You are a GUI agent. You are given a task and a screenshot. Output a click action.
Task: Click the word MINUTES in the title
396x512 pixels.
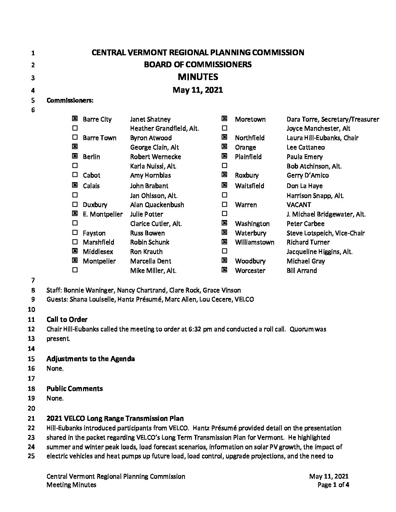[x=198, y=77]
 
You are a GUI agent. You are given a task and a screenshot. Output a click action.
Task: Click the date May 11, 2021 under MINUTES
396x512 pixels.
[x=198, y=90]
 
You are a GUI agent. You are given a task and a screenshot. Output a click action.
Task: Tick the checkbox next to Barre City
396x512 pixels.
[x=75, y=119]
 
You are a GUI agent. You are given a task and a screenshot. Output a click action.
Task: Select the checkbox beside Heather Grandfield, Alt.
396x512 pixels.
[x=75, y=128]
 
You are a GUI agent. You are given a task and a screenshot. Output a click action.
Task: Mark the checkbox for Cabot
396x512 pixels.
[x=75, y=175]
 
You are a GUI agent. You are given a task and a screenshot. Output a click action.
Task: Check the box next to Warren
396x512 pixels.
[x=225, y=204]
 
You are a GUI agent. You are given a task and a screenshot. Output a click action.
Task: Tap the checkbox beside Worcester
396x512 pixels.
[x=225, y=270]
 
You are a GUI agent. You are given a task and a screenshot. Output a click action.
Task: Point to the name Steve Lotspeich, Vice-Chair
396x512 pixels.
[x=325, y=233]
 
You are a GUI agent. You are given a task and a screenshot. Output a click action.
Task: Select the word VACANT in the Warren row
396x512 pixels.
[x=299, y=205]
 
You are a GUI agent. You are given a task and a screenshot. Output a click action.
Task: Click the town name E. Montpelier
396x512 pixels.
[x=103, y=214]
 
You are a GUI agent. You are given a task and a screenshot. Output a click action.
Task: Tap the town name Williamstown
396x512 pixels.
[x=254, y=242]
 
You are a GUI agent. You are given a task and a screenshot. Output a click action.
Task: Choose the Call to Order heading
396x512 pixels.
[x=67, y=320]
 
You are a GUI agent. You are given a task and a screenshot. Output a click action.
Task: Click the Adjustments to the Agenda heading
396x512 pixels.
[x=91, y=359]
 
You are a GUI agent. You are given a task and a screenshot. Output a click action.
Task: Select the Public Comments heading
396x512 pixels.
[x=75, y=389]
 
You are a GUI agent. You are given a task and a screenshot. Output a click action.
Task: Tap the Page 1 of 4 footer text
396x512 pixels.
[x=333, y=484]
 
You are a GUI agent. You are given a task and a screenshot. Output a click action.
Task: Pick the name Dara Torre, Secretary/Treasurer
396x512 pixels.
[x=333, y=119]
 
